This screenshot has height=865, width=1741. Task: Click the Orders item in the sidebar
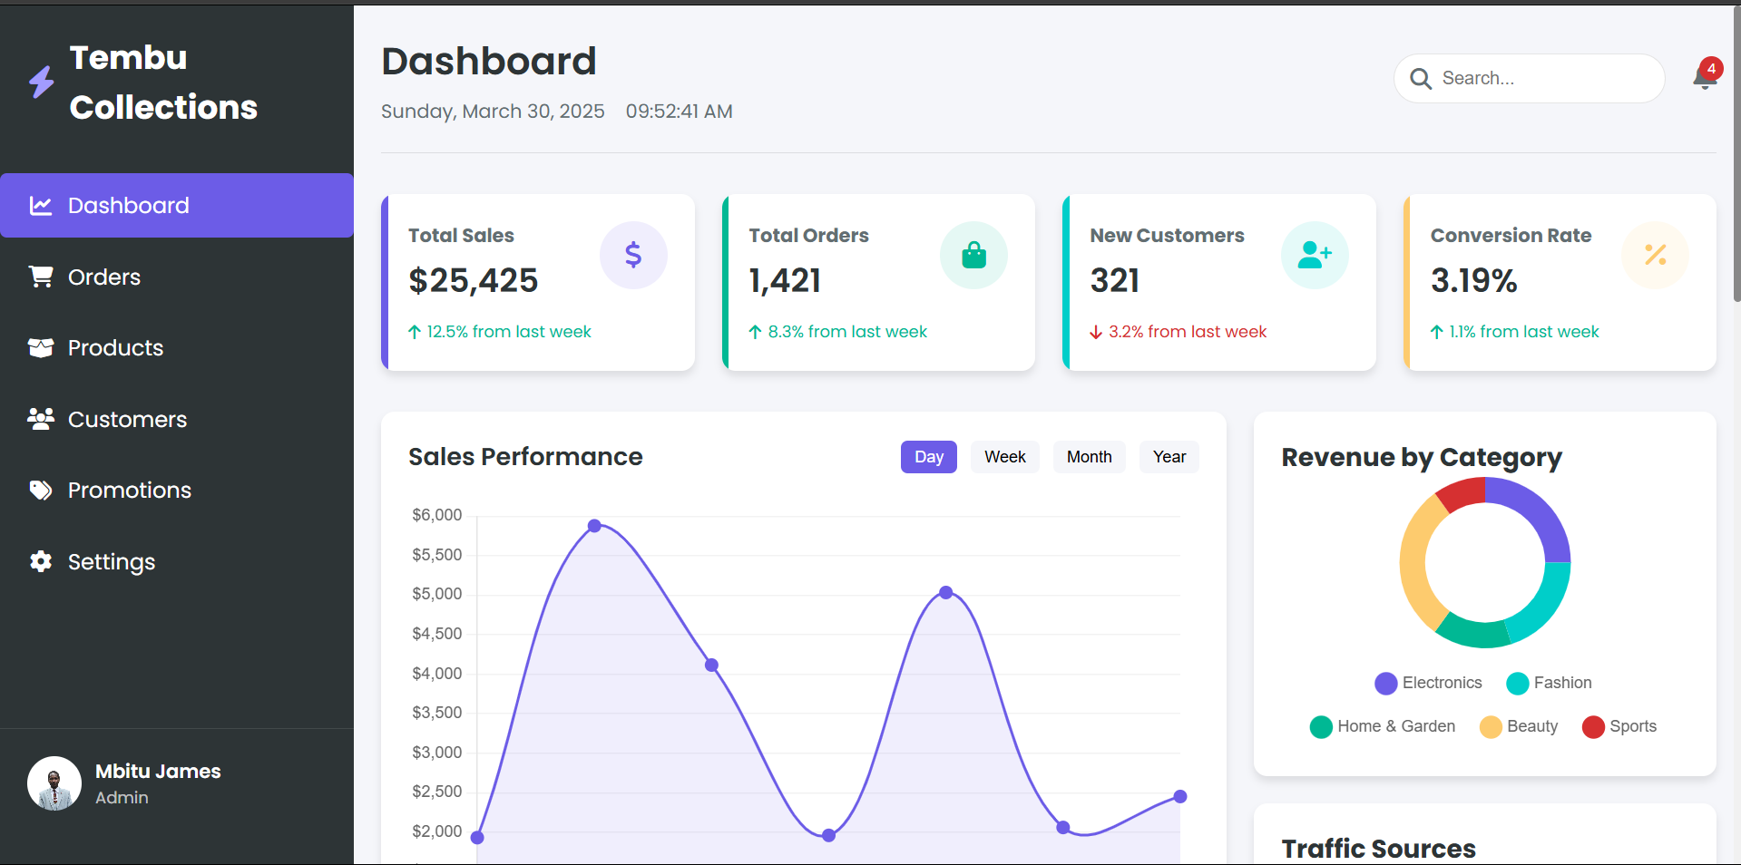103,277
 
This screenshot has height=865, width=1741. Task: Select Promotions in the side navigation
129,491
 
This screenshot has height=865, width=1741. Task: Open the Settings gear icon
41,561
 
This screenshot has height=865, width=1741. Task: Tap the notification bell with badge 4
1705,77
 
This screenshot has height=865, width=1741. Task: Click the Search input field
1542,79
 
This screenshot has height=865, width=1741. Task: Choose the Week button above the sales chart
1004,457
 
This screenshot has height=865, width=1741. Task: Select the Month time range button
1089,457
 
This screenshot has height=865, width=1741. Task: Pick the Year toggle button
1169,457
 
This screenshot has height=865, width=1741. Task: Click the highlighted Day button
928,457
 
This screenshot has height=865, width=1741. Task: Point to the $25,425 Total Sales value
474,281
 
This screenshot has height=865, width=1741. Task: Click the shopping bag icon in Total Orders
973,256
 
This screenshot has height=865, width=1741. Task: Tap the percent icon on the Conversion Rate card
1655,256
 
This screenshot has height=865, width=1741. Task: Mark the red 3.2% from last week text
1187,332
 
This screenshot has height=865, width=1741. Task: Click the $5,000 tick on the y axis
437,594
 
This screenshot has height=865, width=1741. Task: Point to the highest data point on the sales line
594,526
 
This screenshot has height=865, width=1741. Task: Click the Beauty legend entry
1520,726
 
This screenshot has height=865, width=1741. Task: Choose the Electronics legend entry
1429,683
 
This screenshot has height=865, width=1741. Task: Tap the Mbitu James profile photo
54,783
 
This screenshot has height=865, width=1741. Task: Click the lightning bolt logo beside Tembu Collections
41,82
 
